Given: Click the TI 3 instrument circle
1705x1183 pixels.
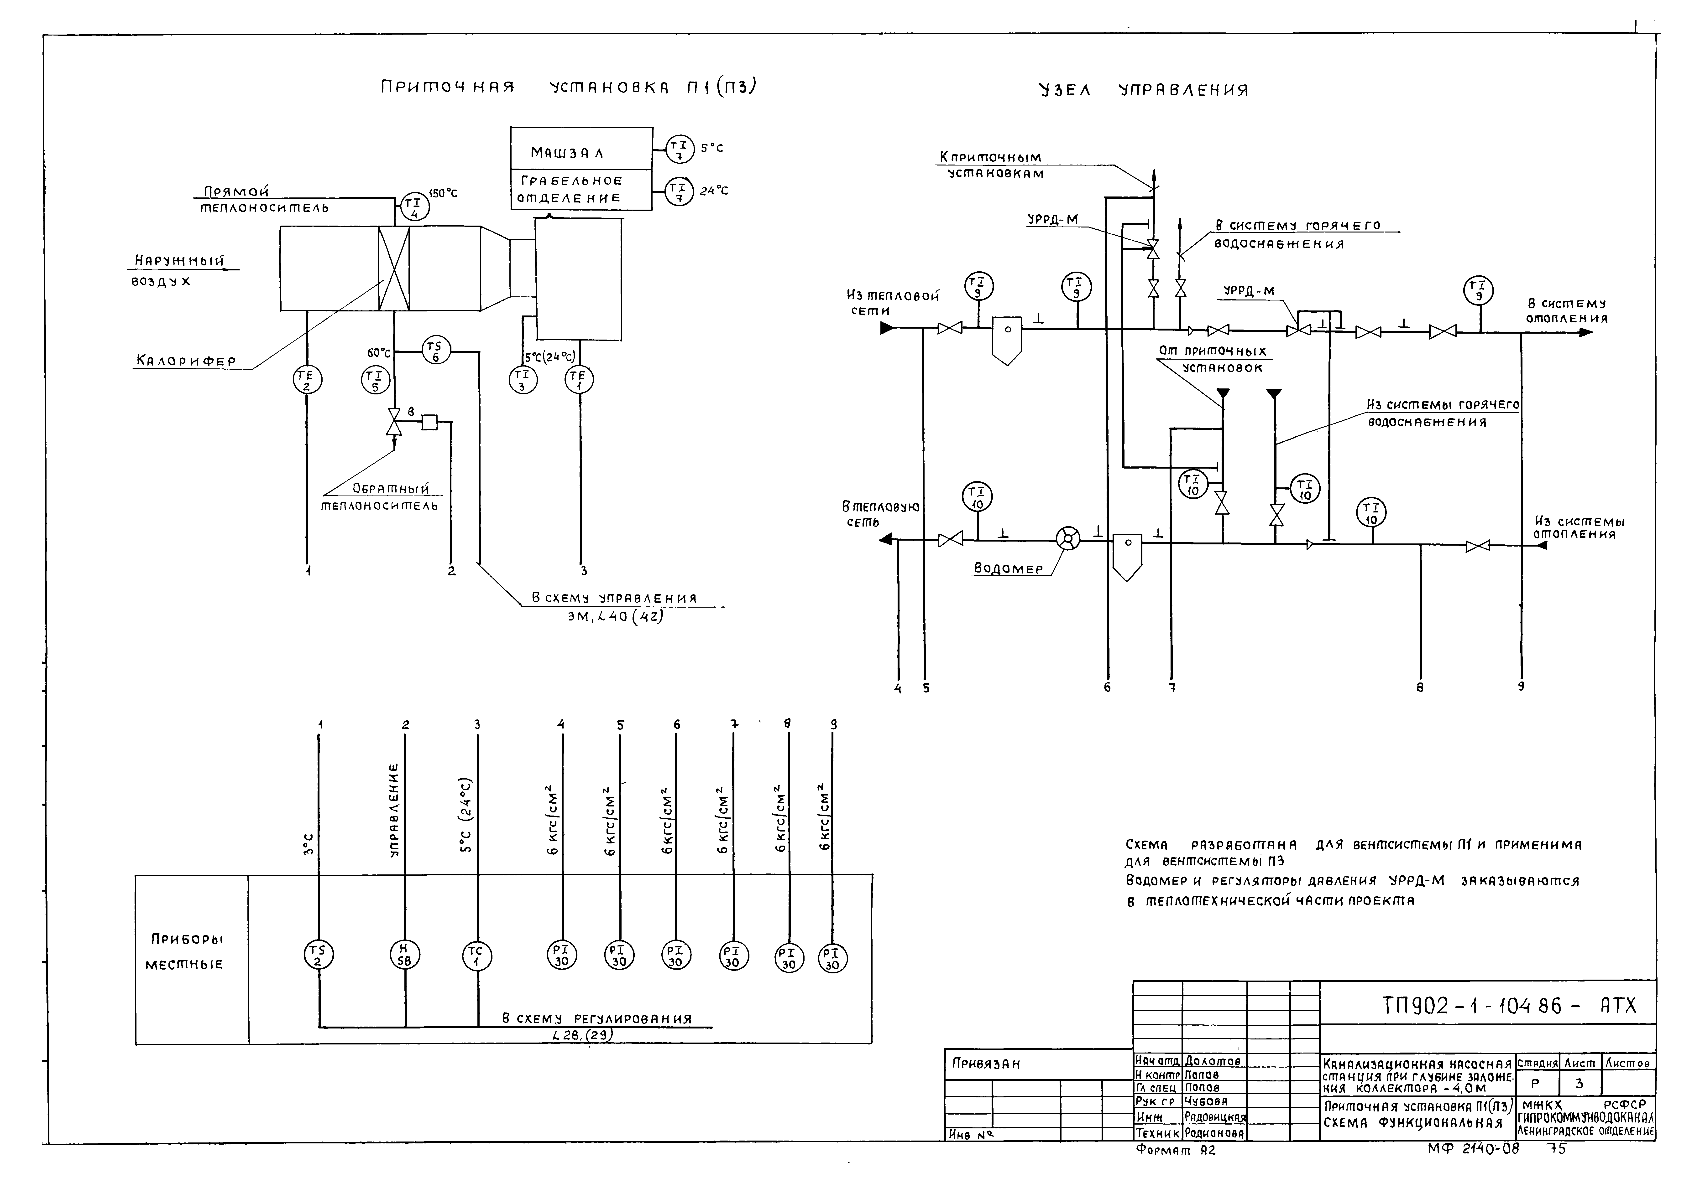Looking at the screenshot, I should (x=523, y=379).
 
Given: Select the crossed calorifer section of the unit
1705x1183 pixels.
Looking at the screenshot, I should (x=394, y=268).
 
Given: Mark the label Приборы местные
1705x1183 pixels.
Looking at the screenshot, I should (x=187, y=952).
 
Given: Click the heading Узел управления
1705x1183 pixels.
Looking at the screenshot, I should (x=1144, y=90).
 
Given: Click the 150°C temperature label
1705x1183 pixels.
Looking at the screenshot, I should (x=443, y=193).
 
